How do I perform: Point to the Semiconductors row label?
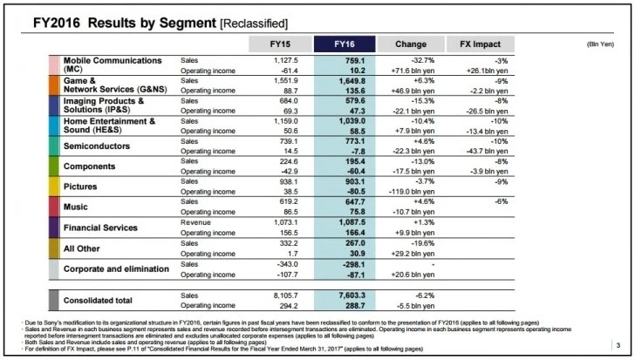click(99, 146)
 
